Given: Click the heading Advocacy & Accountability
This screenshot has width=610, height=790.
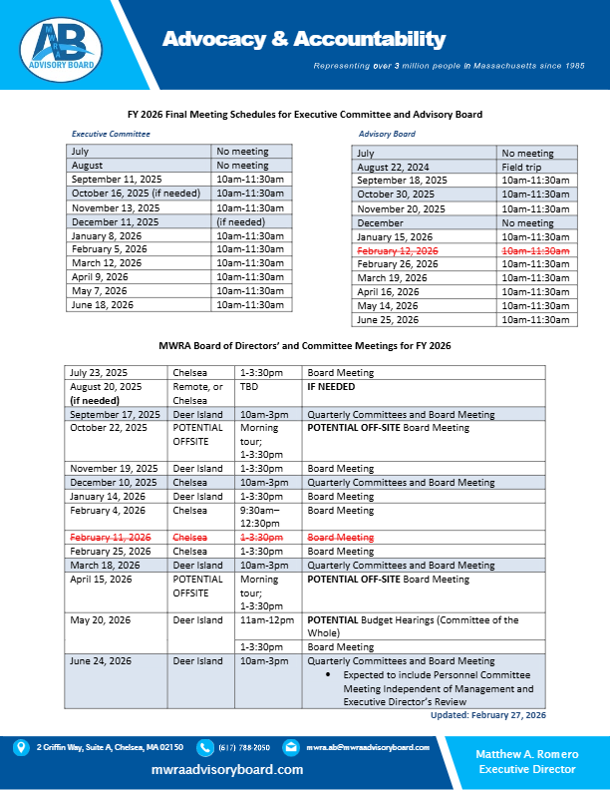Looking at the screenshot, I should click(x=304, y=39).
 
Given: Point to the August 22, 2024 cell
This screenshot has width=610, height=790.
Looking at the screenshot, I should click(x=394, y=167).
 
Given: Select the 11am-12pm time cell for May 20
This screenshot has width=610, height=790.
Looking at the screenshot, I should click(x=262, y=619).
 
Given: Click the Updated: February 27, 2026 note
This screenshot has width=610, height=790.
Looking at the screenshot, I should click(x=487, y=715).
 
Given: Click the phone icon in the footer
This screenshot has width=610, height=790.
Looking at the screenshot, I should click(x=205, y=747).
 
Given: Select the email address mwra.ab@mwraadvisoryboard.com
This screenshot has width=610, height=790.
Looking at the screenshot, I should click(x=367, y=747).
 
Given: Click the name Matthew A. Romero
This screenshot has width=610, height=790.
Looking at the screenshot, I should click(x=526, y=753).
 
